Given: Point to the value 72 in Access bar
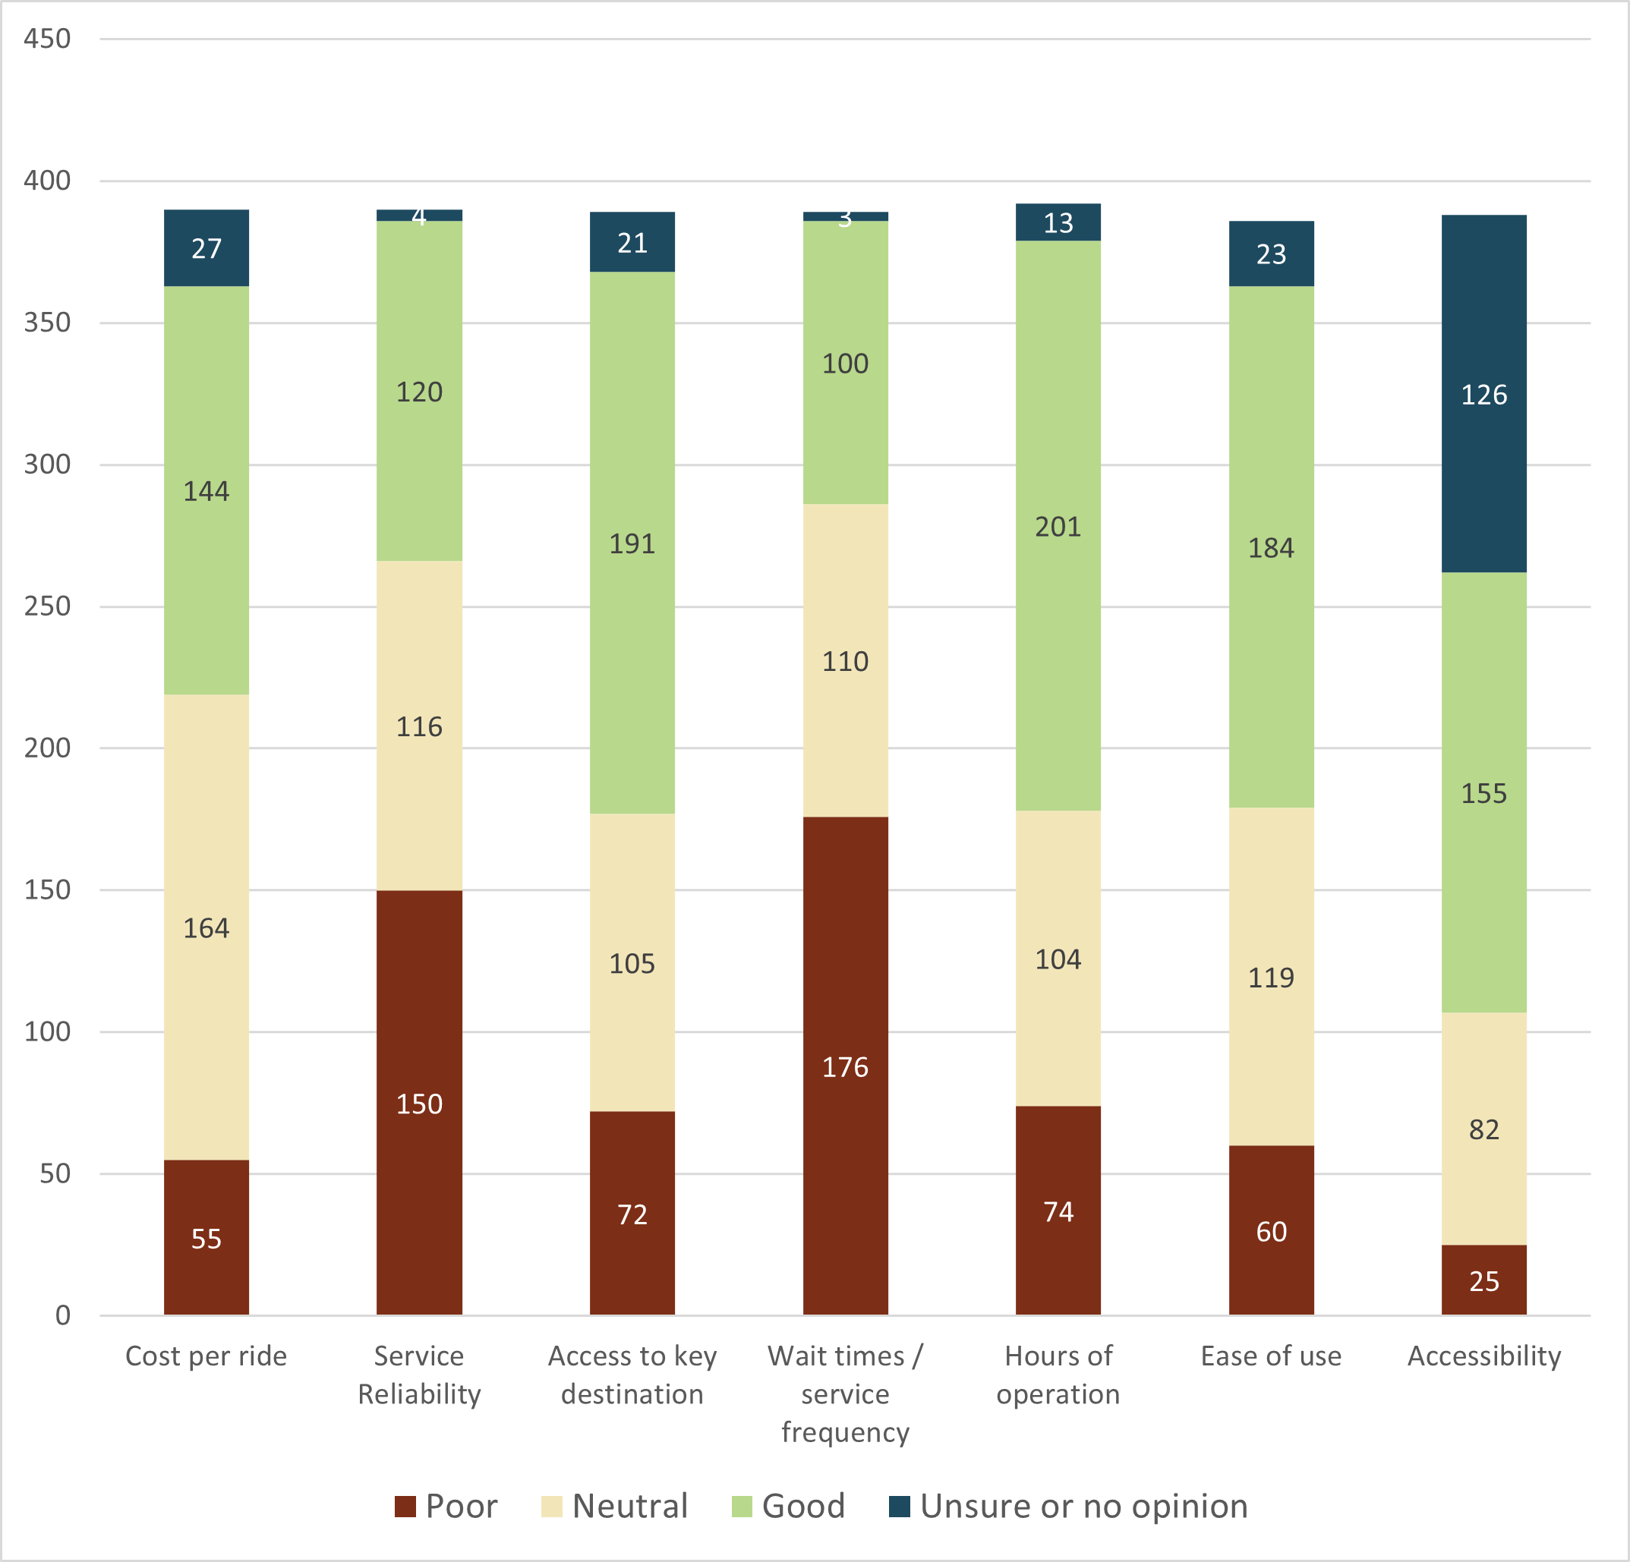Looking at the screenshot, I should [x=632, y=1214].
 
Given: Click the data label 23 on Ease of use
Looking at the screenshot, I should [x=1271, y=254].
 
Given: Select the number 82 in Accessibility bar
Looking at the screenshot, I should [x=1483, y=1129].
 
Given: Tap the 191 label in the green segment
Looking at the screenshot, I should [x=632, y=543].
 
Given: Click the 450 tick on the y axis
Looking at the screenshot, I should [x=46, y=38].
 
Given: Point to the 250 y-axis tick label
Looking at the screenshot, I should [x=46, y=606].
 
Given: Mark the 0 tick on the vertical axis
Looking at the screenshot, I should [x=62, y=1315].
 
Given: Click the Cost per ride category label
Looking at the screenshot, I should [x=207, y=1356].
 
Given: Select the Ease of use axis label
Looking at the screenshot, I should [x=1271, y=1356].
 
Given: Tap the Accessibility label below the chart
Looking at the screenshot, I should [x=1483, y=1356].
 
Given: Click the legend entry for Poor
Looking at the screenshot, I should [x=446, y=1507].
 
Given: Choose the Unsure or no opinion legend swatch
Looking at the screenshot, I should [x=899, y=1507].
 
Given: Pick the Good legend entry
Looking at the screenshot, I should [x=788, y=1507].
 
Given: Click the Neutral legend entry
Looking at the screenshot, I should [x=616, y=1507].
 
